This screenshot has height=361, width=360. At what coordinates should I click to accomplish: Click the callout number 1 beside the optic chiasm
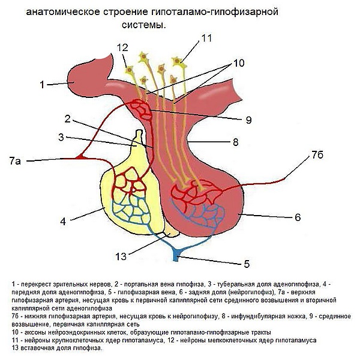click(43, 85)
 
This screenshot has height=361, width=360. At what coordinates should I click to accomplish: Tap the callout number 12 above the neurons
click(123, 47)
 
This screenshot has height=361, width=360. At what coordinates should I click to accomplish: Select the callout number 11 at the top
click(207, 38)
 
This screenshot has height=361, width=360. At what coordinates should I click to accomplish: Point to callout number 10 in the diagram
click(239, 62)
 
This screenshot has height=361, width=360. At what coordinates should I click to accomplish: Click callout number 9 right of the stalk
click(248, 120)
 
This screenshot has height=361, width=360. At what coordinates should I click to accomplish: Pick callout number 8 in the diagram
click(236, 142)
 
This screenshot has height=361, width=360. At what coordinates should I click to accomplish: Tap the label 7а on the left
click(16, 160)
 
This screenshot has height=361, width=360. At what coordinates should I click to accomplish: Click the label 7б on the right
click(318, 156)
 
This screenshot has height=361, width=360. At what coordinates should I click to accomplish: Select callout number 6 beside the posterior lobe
click(297, 217)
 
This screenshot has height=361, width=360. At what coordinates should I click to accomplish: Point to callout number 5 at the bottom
click(247, 263)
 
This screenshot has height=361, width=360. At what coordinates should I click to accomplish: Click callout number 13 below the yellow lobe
click(122, 256)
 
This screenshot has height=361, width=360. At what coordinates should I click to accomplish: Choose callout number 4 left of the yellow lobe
click(62, 221)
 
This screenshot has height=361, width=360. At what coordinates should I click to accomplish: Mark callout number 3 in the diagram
click(61, 138)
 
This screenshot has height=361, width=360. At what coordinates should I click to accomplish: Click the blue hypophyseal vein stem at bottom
click(175, 256)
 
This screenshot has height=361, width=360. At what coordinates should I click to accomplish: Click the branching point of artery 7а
click(82, 157)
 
